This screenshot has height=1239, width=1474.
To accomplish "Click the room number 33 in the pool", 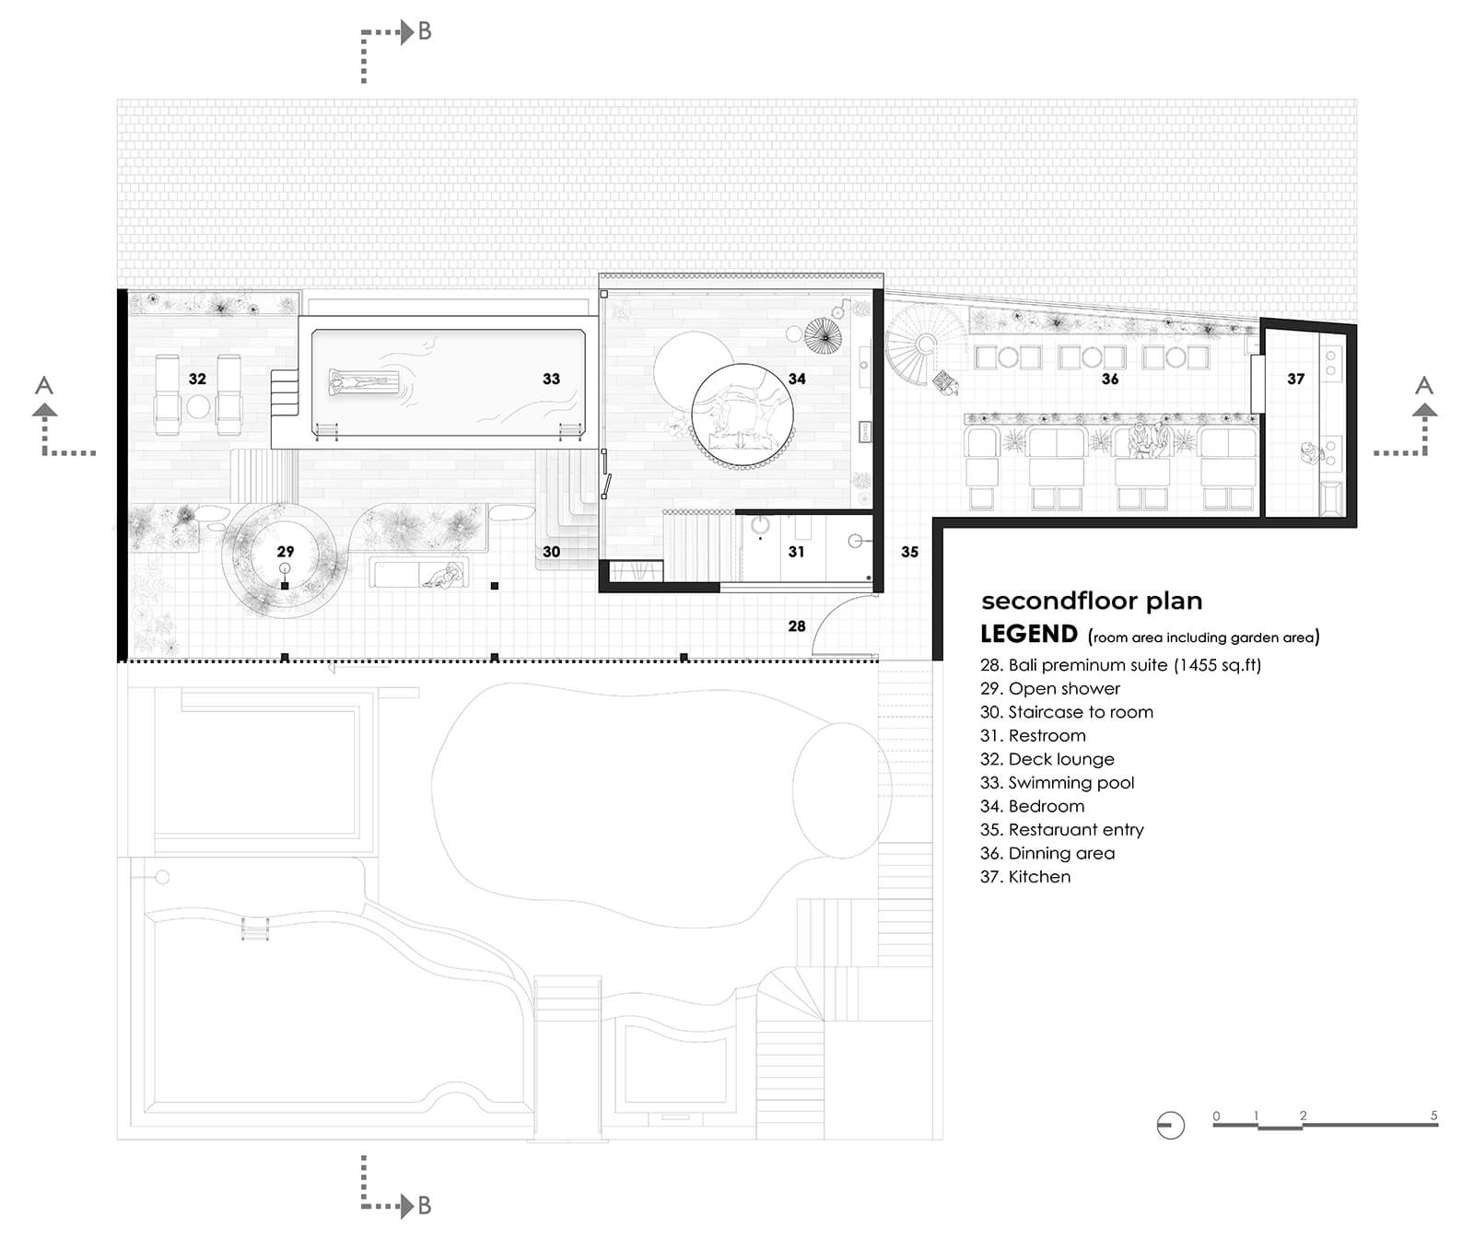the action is click(x=551, y=379).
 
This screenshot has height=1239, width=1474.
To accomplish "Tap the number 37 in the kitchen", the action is click(x=1295, y=379).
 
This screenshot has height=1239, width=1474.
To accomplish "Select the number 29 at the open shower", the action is click(x=286, y=552).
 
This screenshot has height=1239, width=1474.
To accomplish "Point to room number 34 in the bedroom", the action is click(x=797, y=379).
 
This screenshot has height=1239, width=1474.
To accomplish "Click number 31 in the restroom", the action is click(x=796, y=552).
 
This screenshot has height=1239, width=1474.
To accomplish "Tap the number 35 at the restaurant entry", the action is click(x=909, y=552).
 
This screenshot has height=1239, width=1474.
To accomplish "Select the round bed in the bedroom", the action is click(x=743, y=412).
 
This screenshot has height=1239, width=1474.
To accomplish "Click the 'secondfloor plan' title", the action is click(x=1092, y=602).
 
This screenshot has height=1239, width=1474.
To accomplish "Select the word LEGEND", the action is click(x=1029, y=634).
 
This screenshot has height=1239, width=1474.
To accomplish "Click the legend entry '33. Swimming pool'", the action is click(x=1058, y=783).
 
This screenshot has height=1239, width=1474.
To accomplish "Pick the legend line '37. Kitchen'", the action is click(x=1025, y=877).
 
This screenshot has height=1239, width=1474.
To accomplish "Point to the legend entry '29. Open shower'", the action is click(x=1050, y=688).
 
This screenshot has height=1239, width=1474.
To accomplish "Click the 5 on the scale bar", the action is click(x=1433, y=1116).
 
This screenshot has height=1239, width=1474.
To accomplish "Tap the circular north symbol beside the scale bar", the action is click(x=1170, y=1125).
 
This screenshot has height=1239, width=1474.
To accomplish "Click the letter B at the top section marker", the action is click(x=425, y=31).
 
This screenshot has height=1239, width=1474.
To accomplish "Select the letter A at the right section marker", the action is click(x=1424, y=385).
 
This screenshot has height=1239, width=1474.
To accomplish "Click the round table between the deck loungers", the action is click(x=198, y=405).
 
